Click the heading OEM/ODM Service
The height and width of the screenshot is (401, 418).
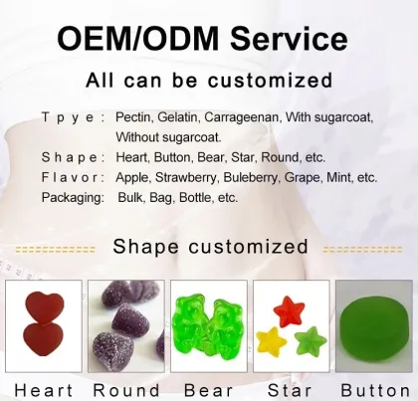(203, 38)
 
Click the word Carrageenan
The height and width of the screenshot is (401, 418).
(245, 117)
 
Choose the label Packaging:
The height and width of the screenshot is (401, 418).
(73, 197)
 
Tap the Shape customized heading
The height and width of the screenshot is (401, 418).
(210, 246)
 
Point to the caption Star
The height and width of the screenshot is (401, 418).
(290, 389)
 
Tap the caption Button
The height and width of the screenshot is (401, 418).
(375, 389)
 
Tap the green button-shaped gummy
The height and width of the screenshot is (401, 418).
(374, 326)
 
